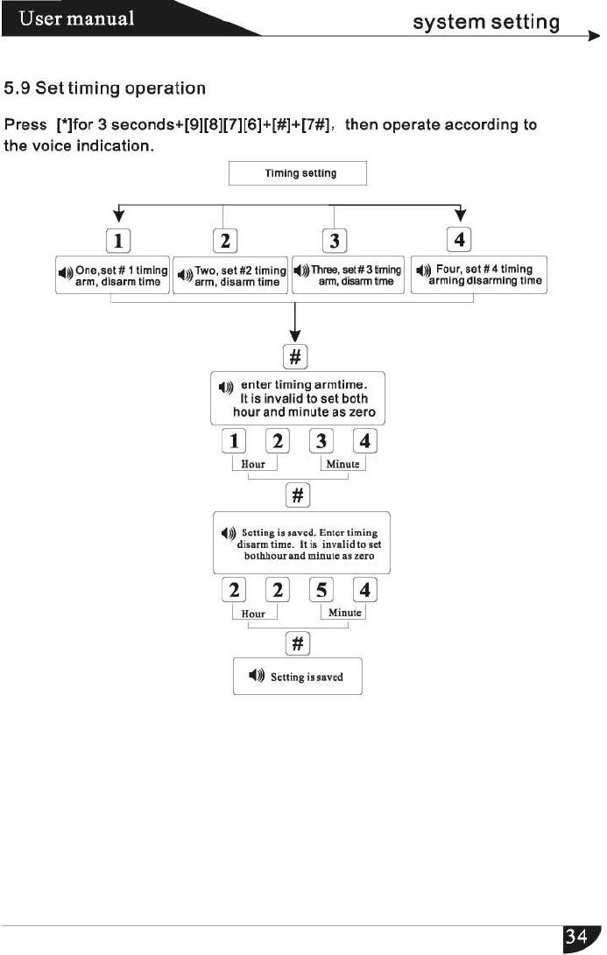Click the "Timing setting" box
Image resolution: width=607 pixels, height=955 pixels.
(x=297, y=173)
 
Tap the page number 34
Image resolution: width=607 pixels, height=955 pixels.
(x=576, y=937)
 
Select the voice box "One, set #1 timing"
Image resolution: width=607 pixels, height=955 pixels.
(x=111, y=276)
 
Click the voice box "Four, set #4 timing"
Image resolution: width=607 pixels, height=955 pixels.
(x=478, y=276)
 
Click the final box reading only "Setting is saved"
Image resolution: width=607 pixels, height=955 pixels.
(x=297, y=676)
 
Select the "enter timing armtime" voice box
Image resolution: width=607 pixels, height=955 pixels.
(x=299, y=397)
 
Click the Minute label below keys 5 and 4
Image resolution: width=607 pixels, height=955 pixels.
(x=344, y=613)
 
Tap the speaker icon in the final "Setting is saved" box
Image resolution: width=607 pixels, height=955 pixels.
(x=256, y=676)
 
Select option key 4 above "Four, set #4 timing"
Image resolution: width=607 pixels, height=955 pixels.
(x=460, y=237)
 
